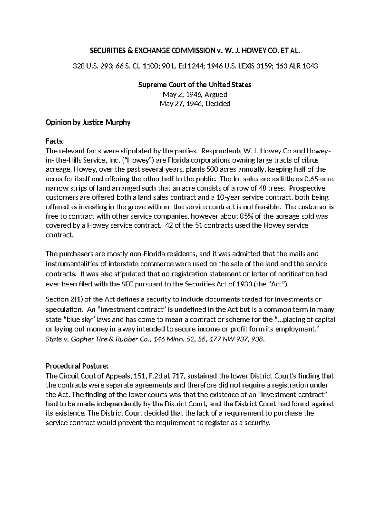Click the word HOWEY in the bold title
click(x=249, y=51)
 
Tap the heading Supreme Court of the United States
click(x=195, y=85)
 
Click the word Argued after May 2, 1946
click(x=215, y=94)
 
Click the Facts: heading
click(x=55, y=141)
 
